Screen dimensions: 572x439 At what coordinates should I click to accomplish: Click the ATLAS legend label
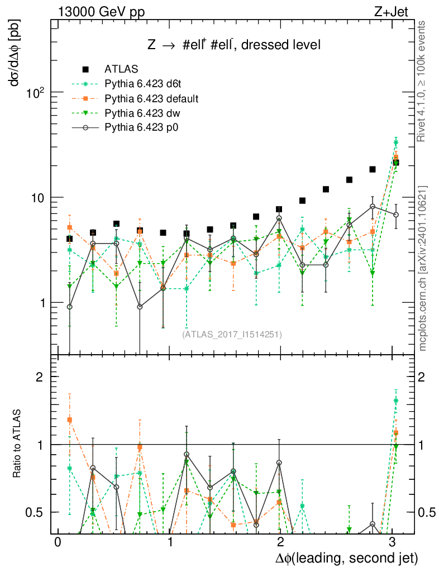[121, 70]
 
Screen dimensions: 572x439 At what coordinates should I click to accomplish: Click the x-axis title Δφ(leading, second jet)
[346, 559]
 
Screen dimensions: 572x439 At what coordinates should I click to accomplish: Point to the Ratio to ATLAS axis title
[17, 444]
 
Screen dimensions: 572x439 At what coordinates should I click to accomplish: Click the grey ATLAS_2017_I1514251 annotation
[232, 335]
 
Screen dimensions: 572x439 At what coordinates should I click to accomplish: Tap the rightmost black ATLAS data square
[395, 163]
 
